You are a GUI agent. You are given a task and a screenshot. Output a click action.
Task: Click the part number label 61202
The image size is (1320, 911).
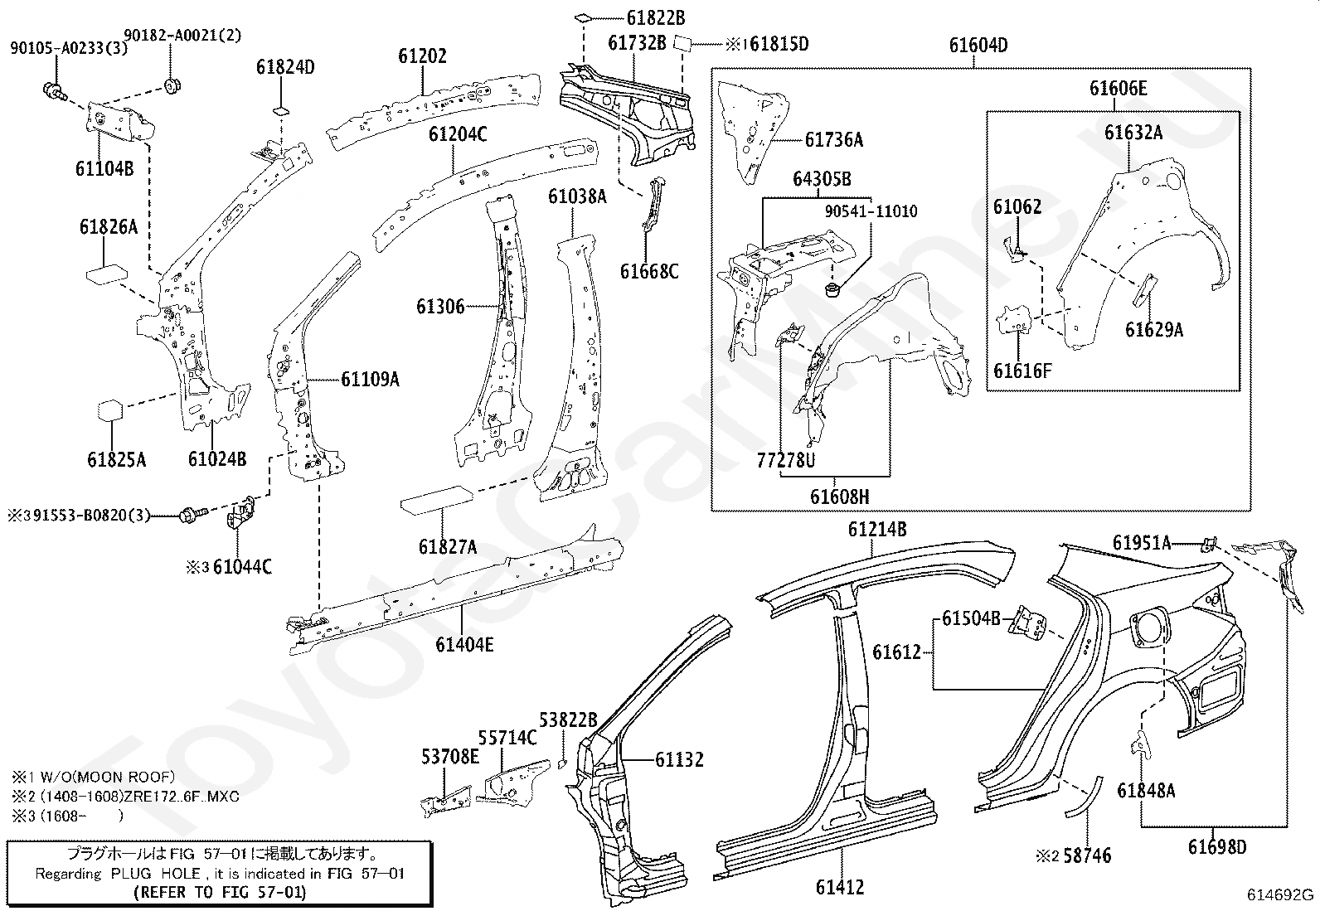point(422,56)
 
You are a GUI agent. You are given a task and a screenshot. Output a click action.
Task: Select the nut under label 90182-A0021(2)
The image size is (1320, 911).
point(172,85)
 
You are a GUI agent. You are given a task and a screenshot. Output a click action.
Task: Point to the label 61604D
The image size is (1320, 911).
point(978,46)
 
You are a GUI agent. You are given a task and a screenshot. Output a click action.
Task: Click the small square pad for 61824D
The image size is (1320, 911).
point(281,111)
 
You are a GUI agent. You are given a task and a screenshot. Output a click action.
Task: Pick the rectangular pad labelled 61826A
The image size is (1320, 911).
point(106,276)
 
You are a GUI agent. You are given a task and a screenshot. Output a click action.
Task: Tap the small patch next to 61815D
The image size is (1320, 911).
point(682,44)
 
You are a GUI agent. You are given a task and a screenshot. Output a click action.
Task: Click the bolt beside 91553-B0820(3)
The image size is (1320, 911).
point(194,515)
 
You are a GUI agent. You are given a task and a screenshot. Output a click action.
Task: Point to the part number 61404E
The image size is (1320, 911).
point(464,645)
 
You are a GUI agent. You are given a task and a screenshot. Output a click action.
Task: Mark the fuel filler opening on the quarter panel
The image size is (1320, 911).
point(1147,628)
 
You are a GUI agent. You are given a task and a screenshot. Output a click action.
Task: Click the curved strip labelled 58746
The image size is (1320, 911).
point(1085,797)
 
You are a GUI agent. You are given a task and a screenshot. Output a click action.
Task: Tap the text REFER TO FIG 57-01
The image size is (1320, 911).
point(220,892)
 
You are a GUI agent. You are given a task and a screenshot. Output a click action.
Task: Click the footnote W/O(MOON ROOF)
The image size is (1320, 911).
point(107,777)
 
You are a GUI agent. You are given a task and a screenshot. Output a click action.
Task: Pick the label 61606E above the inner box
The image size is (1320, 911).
point(1118,89)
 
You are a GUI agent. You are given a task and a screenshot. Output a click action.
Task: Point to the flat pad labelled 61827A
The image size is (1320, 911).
point(437,500)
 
